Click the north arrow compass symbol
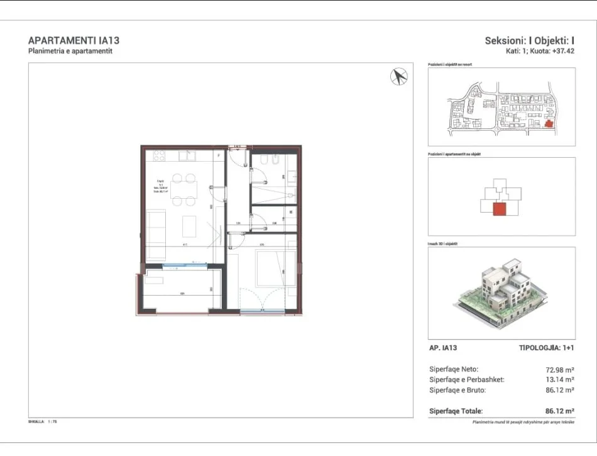click(x=399, y=77)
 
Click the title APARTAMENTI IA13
click(x=74, y=41)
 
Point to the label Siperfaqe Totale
click(x=456, y=411)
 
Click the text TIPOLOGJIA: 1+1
click(x=547, y=348)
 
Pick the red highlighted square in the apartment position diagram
click(x=500, y=209)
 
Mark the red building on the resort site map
click(x=549, y=124)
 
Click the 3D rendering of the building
click(x=501, y=292)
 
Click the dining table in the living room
click(x=184, y=189)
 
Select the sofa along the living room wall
click(x=156, y=234)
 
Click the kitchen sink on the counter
click(x=187, y=155)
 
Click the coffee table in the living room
click(x=189, y=226)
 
